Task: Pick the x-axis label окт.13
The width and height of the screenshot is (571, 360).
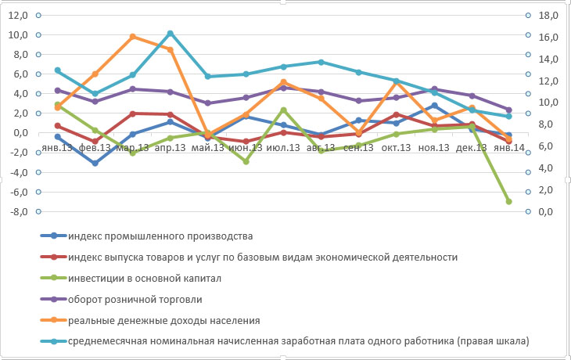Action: pos(397,146)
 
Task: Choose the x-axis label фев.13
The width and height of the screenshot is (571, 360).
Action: pos(95,146)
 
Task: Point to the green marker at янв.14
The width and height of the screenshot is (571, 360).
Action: pos(508,201)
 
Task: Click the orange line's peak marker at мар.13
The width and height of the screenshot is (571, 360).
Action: pos(133,37)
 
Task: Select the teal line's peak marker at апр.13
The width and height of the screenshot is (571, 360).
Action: pos(171,33)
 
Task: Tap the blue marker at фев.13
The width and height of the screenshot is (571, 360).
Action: pos(95,164)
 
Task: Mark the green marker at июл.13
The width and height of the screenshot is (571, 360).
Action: pos(283,110)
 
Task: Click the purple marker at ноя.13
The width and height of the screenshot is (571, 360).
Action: pos(434,89)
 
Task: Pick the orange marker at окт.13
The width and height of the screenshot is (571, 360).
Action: pos(397,82)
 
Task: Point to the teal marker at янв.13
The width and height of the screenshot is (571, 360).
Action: pos(58,70)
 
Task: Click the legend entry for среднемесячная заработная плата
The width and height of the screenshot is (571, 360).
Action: pos(297,341)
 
